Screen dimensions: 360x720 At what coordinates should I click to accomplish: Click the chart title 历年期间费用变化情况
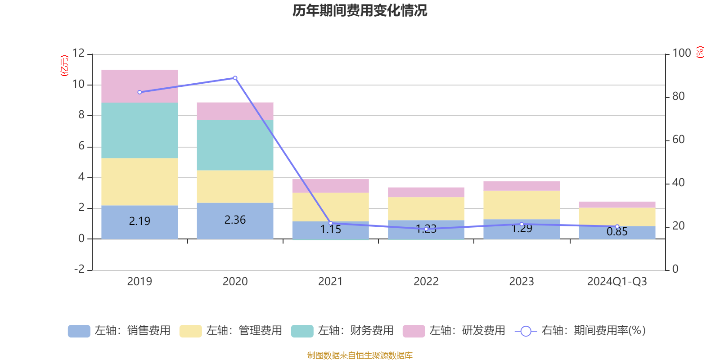(360, 10)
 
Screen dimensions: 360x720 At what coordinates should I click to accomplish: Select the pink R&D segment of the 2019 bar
(139, 86)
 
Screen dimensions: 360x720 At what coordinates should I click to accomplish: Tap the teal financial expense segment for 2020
(235, 145)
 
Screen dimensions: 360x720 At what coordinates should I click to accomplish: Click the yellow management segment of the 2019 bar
(139, 182)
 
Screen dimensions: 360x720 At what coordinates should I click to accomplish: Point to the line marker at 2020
(235, 78)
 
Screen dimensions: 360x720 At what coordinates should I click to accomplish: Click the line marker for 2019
(139, 92)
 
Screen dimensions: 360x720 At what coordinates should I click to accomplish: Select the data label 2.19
(139, 221)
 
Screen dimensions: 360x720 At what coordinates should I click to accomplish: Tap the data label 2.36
(235, 220)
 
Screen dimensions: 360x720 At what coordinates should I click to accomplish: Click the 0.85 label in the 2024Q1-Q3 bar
(617, 232)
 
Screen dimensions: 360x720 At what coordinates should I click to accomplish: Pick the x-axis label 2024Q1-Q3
(617, 282)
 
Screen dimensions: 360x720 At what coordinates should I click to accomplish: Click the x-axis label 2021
(330, 282)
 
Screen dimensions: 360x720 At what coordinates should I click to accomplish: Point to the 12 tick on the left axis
(78, 53)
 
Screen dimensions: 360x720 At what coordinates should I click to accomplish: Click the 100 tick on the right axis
(681, 53)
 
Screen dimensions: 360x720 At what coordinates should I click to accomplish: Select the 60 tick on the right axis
(678, 139)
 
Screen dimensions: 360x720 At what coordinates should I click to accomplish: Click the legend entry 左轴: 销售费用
(119, 331)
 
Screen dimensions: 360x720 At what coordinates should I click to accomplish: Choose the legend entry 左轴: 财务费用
(342, 331)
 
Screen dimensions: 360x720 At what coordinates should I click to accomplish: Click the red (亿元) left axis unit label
(64, 66)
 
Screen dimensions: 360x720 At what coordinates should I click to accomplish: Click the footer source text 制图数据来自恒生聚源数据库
(360, 355)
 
